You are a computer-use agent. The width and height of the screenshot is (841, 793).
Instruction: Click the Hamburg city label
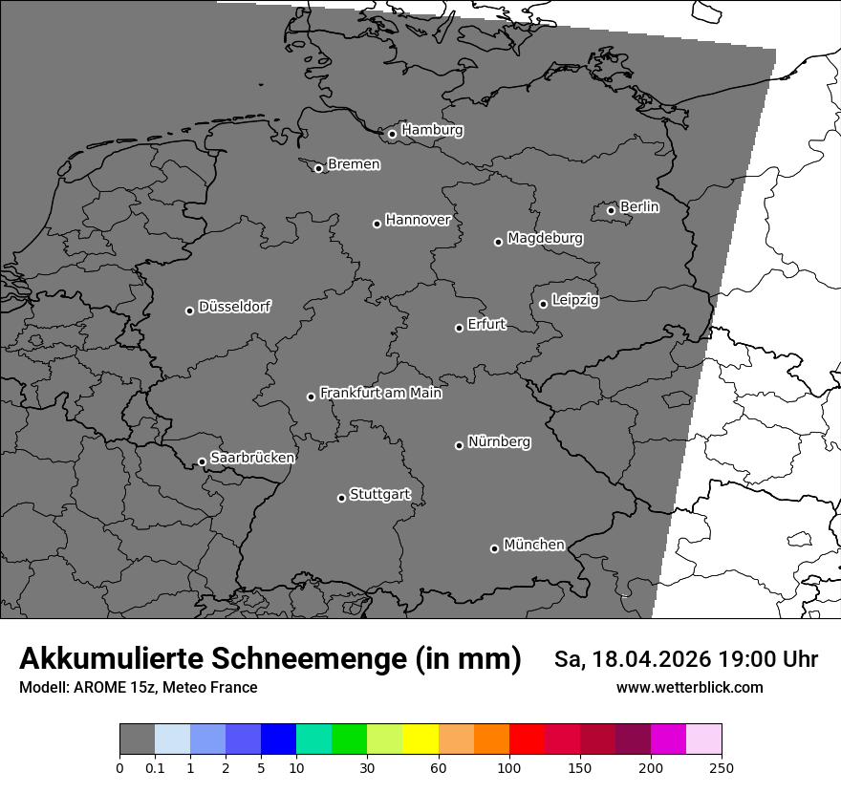point(432,130)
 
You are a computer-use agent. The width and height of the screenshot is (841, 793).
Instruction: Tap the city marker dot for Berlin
point(611,210)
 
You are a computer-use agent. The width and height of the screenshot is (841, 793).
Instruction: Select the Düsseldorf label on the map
point(234,308)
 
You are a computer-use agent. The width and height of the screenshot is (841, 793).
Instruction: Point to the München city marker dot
point(494,548)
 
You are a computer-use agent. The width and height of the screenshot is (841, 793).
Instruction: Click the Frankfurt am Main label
point(380,393)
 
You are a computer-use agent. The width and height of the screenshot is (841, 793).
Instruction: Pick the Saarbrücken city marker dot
point(202,461)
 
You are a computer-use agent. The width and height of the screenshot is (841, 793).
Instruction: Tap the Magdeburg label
point(545,238)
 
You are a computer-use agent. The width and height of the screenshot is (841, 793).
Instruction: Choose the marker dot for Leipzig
point(543,304)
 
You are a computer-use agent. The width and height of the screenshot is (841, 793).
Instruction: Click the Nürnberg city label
point(499,442)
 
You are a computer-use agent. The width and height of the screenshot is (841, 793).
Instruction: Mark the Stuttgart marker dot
point(341,498)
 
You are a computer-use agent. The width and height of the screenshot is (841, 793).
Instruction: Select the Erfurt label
point(486,325)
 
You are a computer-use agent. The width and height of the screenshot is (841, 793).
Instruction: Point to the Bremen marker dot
point(318,168)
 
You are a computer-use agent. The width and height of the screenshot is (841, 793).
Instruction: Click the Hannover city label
point(418,220)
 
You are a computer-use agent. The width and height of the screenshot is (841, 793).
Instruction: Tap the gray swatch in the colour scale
point(137,739)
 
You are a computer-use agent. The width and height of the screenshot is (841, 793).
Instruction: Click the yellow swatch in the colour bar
point(420,739)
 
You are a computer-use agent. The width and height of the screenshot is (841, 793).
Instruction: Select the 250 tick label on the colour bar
point(722,767)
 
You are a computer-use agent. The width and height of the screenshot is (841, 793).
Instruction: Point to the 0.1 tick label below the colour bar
point(154,767)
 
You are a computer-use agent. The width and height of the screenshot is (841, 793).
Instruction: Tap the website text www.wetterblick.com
point(689,687)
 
